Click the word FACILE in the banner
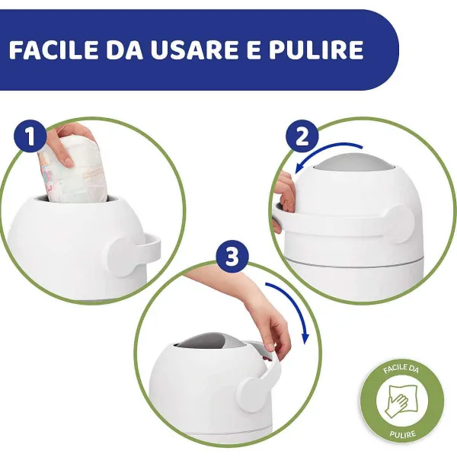pyautogui.click(x=53, y=50)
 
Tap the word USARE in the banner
pyautogui.click(x=193, y=50)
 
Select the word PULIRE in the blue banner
pyautogui.click(x=316, y=50)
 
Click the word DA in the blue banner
pyautogui.click(x=124, y=50)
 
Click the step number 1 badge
pyautogui.click(x=30, y=136)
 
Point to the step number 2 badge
pyautogui.click(x=302, y=136)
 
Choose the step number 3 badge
pyautogui.click(x=232, y=256)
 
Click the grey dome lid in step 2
pyautogui.click(x=354, y=162)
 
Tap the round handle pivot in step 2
pyautogui.click(x=400, y=225)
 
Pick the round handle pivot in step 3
pyautogui.click(x=251, y=395)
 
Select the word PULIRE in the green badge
pyautogui.click(x=402, y=434)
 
